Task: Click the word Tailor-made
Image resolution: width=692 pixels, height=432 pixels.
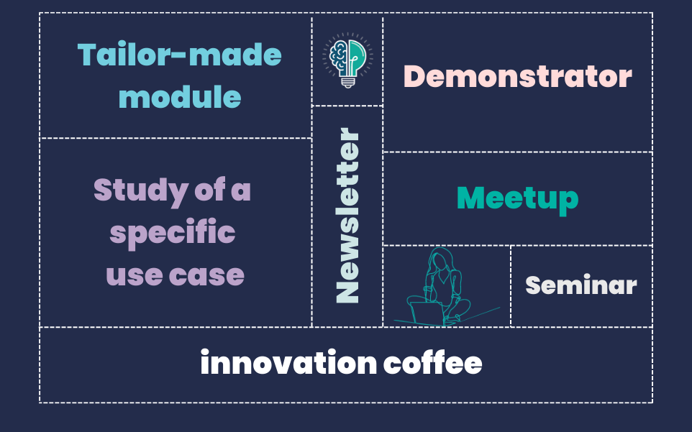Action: (x=180, y=55)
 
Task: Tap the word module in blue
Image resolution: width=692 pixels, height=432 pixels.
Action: (x=180, y=96)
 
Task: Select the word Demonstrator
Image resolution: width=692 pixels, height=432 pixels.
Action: (x=518, y=76)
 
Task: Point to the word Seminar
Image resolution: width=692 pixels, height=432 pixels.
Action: (x=581, y=285)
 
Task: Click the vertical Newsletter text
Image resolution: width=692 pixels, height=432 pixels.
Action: (x=347, y=215)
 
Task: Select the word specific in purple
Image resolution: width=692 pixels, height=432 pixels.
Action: (x=173, y=233)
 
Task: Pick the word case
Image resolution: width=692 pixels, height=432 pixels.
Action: (x=206, y=276)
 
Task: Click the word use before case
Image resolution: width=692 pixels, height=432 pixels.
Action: (x=135, y=276)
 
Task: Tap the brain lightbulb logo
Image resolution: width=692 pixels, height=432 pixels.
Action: (x=347, y=60)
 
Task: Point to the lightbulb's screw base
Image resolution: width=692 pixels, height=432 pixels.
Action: (x=347, y=83)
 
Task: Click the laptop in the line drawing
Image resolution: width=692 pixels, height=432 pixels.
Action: (x=427, y=313)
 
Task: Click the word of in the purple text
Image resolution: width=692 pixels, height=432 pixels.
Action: (x=210, y=190)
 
